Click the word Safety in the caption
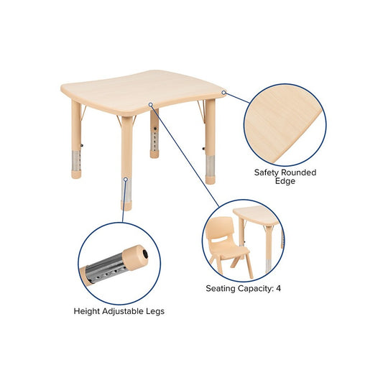(x=267, y=172)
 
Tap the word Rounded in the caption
(x=300, y=172)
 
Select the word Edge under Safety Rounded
(x=285, y=182)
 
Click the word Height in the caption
(x=87, y=311)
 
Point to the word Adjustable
(x=123, y=311)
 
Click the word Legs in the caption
(x=155, y=311)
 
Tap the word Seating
(x=221, y=288)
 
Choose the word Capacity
(x=256, y=288)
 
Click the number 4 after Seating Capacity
(x=279, y=288)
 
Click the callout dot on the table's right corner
(x=223, y=93)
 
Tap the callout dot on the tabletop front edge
(x=151, y=104)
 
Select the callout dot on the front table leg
(x=126, y=180)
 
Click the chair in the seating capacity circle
(x=227, y=246)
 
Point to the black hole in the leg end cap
(x=145, y=254)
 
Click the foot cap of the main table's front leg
(x=126, y=206)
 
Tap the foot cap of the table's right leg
(x=210, y=180)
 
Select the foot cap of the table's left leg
(x=76, y=175)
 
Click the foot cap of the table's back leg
(x=154, y=154)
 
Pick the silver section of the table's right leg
(x=210, y=165)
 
